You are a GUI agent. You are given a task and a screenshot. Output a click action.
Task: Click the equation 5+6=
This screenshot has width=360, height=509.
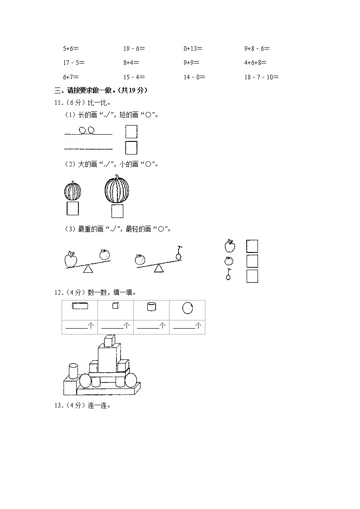[72, 48]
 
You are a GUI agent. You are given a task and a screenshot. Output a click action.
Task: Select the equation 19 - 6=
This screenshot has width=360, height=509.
[134, 48]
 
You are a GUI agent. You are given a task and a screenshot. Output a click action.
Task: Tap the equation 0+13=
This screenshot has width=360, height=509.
[193, 48]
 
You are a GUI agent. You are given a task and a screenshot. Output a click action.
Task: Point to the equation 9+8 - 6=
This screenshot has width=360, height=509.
[257, 48]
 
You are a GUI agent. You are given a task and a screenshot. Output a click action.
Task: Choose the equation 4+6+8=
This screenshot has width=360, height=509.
[255, 63]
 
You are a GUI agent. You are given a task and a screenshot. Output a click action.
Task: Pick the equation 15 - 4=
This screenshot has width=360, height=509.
[134, 77]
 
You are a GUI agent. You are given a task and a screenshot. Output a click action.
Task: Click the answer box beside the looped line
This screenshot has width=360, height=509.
[131, 131]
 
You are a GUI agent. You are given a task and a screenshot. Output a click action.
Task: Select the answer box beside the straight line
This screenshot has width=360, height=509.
[131, 148]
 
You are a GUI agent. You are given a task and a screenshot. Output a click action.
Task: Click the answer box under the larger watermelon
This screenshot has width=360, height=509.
[117, 211]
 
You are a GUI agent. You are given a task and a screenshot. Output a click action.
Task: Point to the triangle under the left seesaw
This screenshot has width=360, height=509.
[88, 269]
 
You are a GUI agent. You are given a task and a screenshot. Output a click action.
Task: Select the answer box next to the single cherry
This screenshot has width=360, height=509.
[252, 276]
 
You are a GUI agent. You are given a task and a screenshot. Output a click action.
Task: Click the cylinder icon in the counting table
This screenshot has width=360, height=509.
[151, 307]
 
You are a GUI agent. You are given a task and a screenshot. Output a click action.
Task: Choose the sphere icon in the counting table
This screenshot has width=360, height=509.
[187, 308]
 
